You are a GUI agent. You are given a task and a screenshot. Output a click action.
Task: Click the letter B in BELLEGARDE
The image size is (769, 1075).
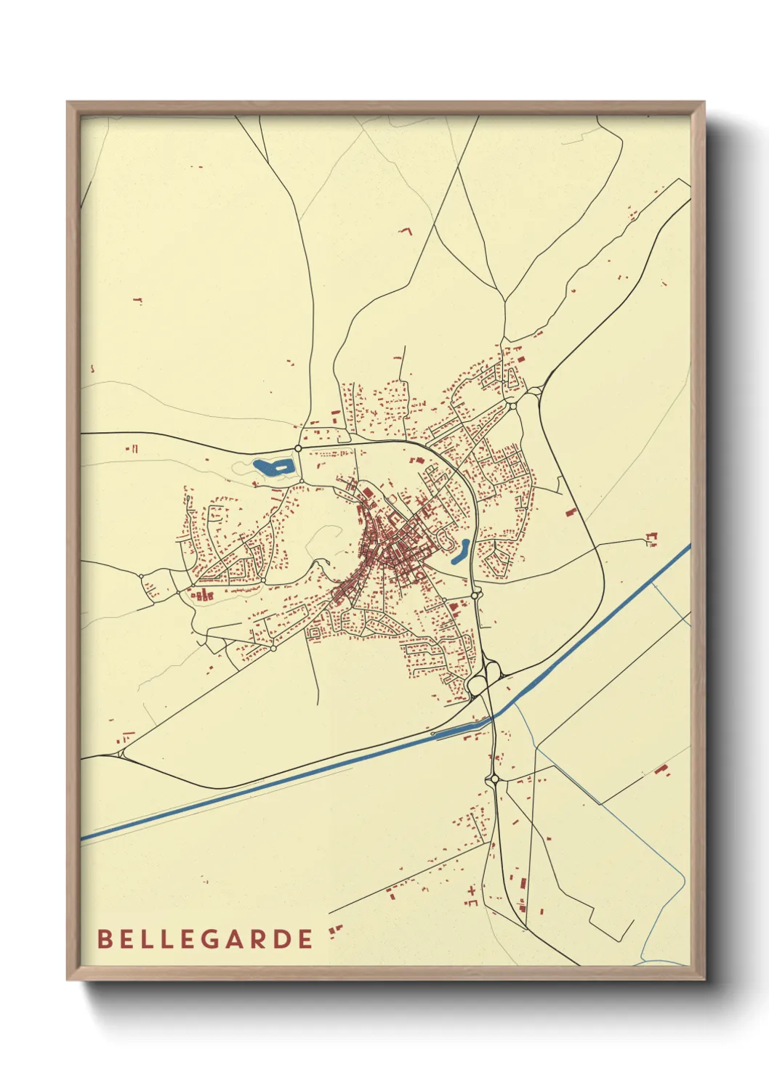(104, 938)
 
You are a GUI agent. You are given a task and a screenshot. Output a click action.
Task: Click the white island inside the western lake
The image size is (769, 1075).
(280, 468)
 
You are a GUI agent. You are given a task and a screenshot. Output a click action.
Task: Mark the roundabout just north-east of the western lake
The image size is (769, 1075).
(298, 448)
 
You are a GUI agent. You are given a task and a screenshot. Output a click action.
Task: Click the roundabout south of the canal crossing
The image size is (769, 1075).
(495, 779)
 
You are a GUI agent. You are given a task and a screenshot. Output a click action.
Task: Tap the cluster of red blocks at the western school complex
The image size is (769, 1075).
(203, 595)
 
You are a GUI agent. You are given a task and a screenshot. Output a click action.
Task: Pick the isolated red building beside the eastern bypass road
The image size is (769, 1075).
(571, 511)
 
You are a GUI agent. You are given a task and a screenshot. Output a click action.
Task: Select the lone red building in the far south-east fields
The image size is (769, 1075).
(661, 770)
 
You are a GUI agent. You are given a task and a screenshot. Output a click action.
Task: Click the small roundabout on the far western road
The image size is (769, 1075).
(141, 576)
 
